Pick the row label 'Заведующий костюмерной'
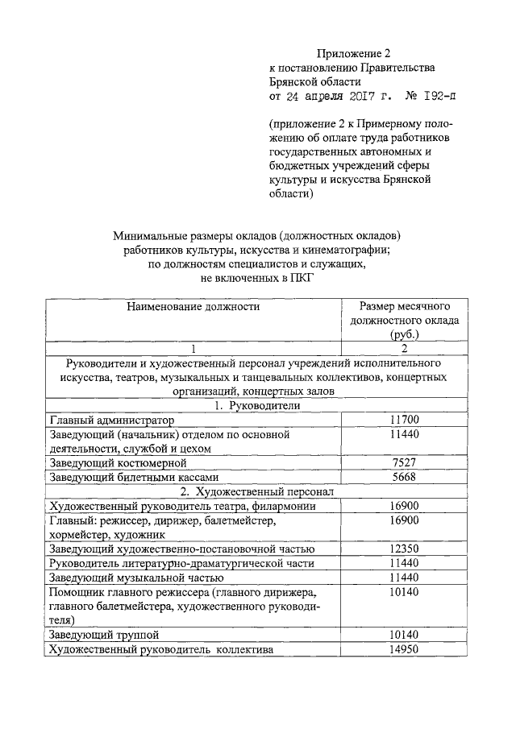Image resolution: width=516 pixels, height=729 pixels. [118, 463]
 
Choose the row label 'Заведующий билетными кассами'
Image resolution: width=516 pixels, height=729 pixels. [133, 478]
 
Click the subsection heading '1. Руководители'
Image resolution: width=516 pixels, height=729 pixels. [257, 405]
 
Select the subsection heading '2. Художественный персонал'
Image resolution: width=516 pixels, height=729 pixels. [257, 491]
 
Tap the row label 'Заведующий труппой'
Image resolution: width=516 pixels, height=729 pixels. [98, 636]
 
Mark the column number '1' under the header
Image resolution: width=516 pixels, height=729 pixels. [193, 348]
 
